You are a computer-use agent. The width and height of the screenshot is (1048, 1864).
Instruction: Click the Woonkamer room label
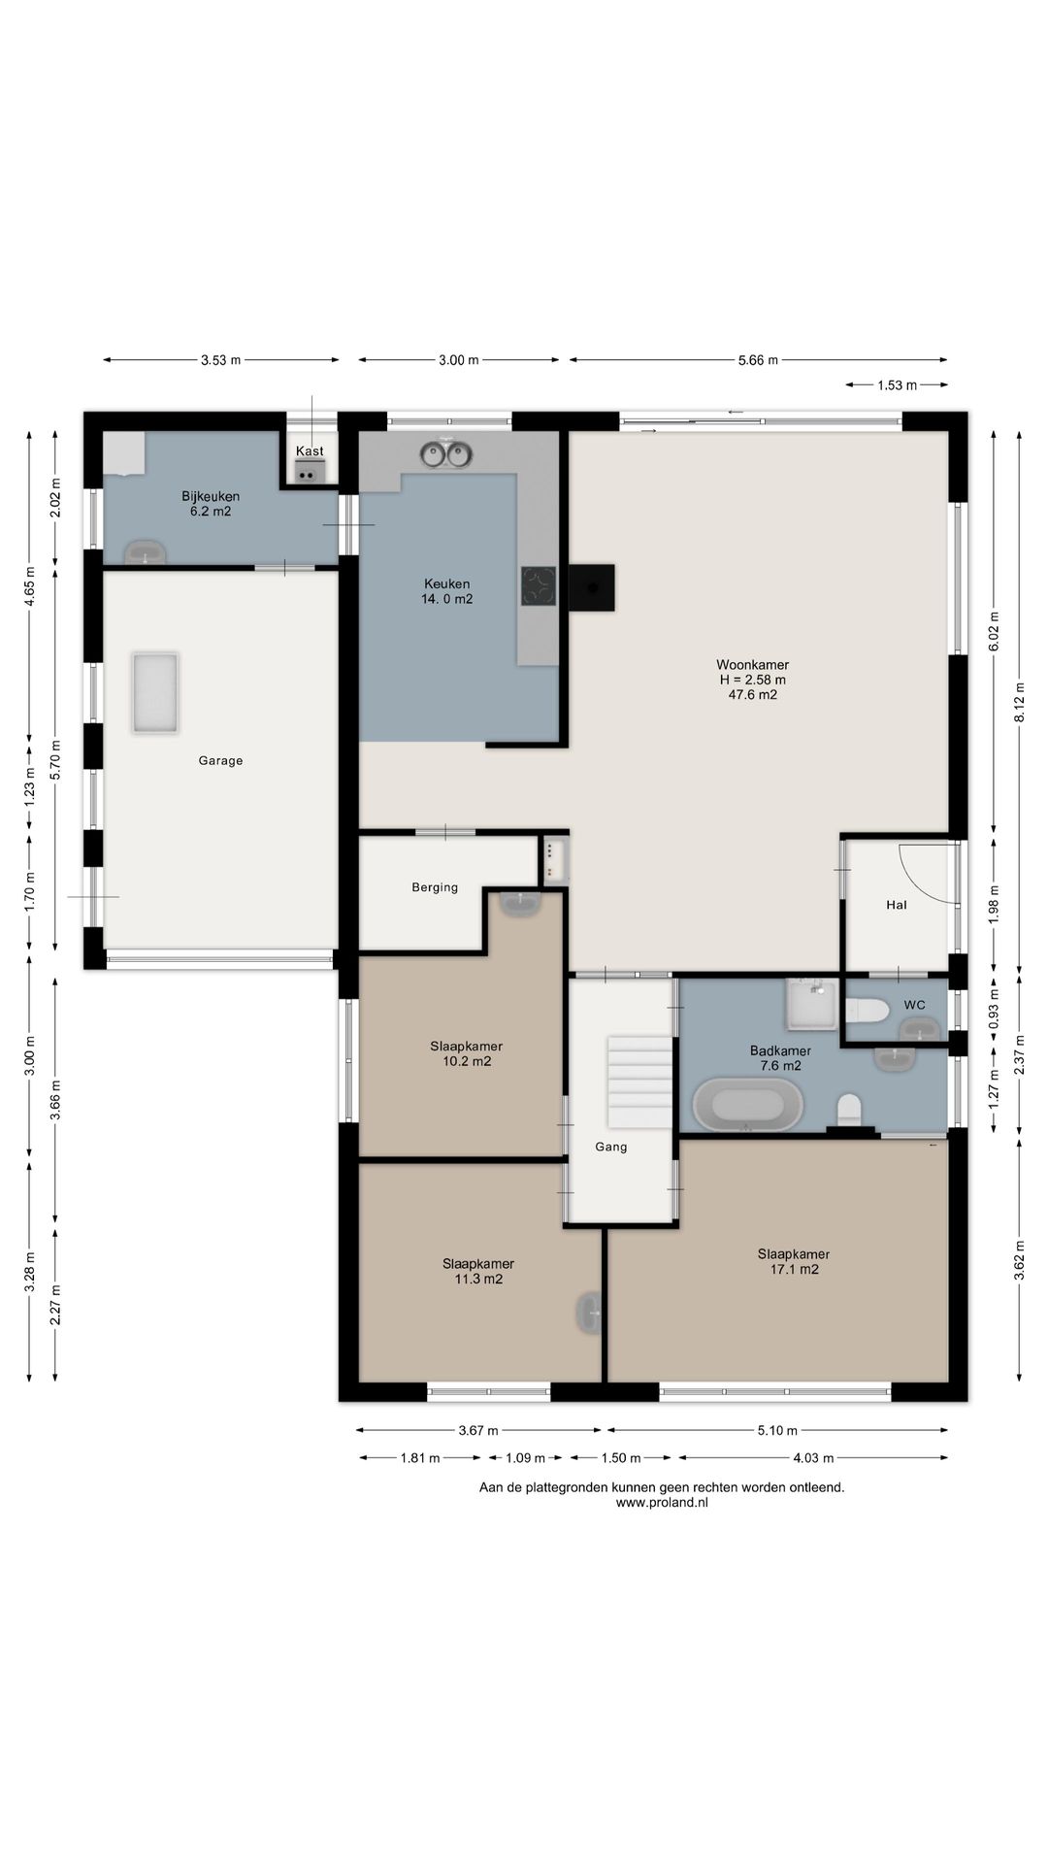coord(752,665)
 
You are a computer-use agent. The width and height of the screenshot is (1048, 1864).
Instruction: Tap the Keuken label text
coord(446,583)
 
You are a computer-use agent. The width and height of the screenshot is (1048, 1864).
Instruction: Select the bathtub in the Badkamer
coord(748,1105)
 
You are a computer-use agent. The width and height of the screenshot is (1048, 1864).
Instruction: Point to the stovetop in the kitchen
coord(539,585)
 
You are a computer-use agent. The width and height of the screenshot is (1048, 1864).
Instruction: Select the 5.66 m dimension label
coord(758,360)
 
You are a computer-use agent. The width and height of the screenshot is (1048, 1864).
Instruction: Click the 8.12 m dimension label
coord(1019,699)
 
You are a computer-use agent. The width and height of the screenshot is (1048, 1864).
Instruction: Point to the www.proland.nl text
coord(662,1502)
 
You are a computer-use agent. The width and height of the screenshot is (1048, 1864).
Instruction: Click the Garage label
coord(220,760)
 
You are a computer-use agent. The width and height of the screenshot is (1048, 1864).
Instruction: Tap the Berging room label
coord(435,886)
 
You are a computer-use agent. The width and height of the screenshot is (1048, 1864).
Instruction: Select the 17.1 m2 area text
coord(794,1269)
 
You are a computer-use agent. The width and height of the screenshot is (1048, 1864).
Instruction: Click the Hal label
coord(897,905)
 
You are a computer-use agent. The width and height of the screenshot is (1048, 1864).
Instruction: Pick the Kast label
coord(310,450)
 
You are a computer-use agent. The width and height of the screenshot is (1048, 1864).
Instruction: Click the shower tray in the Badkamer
coord(811,1004)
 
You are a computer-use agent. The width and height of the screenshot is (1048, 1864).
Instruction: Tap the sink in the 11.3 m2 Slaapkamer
coord(589,1313)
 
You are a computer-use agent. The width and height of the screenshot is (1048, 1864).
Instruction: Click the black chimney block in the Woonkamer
coord(591,588)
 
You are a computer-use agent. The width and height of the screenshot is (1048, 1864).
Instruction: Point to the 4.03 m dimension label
coord(813,1457)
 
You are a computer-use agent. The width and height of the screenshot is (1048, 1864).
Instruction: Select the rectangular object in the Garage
coord(155,693)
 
